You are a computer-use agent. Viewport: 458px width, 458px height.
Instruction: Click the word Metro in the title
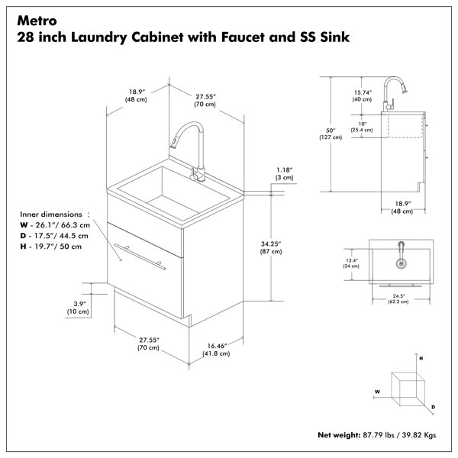click(37, 21)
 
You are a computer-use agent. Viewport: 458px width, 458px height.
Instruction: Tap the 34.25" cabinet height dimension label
click(271, 247)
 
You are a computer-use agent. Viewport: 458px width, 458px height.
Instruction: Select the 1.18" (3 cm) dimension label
click(284, 173)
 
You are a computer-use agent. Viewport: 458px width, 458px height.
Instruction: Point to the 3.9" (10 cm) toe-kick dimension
click(78, 308)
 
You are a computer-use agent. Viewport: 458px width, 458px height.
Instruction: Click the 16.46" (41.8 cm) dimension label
click(217, 350)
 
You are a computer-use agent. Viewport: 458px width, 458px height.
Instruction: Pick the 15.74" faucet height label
click(362, 96)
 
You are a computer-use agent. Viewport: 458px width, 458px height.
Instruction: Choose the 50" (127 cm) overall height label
click(331, 134)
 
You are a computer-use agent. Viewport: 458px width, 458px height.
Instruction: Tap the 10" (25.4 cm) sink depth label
click(362, 127)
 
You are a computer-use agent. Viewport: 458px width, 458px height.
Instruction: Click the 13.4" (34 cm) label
click(351, 263)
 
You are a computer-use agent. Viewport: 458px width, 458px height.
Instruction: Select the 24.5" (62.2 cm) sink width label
click(398, 298)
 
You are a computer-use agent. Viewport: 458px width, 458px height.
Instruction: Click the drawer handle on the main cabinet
click(140, 256)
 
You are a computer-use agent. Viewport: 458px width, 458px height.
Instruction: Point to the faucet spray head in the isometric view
click(174, 142)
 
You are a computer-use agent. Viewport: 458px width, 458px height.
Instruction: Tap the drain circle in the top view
click(402, 263)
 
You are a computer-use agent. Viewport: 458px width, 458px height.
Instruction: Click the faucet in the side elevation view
click(393, 93)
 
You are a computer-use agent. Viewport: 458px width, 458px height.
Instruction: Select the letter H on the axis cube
click(421, 359)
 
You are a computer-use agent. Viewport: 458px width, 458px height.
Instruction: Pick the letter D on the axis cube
click(433, 407)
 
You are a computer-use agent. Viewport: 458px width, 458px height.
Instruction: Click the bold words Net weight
click(339, 435)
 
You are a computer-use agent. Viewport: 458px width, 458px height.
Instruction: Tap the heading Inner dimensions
click(51, 214)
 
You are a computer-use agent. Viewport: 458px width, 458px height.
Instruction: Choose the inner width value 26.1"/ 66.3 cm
click(63, 225)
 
